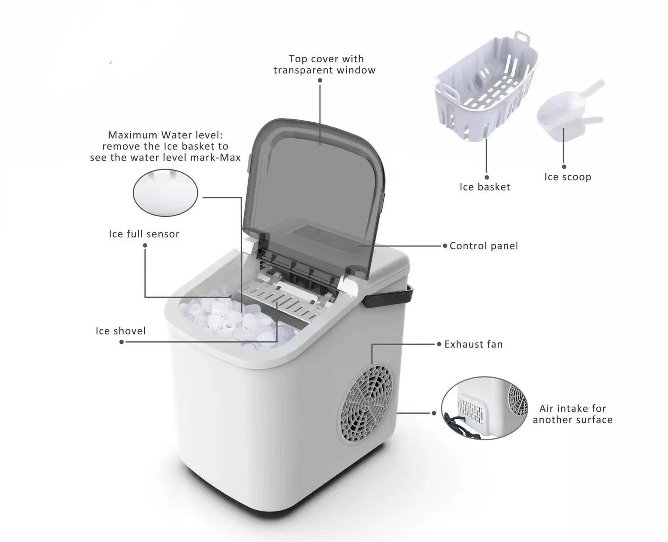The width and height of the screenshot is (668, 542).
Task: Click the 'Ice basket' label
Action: click(485, 187)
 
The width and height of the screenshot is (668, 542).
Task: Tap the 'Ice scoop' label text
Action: click(567, 177)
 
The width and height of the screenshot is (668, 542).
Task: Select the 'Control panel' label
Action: click(483, 246)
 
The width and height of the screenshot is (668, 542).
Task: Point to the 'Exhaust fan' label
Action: click(473, 344)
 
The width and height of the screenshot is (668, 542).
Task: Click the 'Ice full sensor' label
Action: click(144, 234)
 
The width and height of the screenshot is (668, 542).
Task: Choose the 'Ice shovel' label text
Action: click(120, 331)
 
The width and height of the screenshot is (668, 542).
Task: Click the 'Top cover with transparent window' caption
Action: click(325, 64)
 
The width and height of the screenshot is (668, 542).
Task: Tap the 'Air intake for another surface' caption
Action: click(572, 414)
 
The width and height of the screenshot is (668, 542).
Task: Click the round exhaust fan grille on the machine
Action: click(367, 404)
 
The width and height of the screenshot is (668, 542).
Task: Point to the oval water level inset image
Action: click(165, 193)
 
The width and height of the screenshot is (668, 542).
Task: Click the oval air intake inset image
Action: click(484, 407)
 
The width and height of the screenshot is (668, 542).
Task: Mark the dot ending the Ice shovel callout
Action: click(121, 342)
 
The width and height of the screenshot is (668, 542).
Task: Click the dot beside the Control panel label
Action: click(445, 246)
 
